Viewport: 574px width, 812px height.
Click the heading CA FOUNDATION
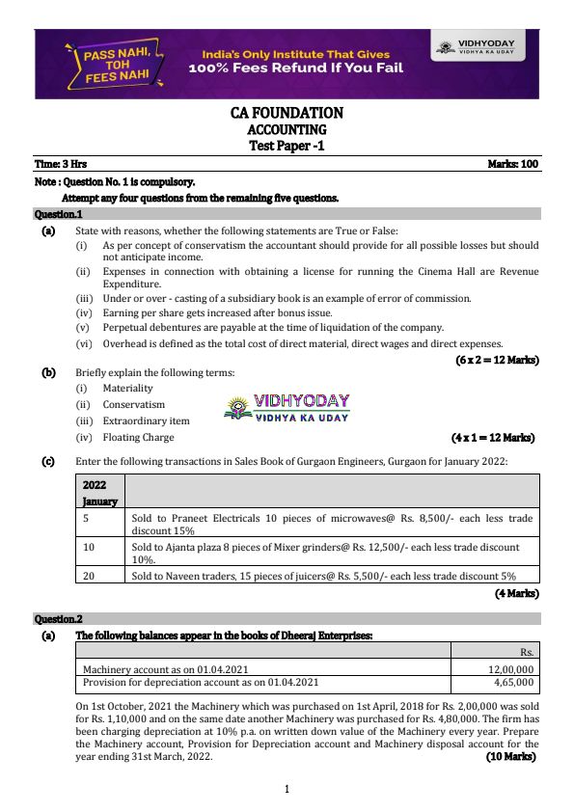click(x=287, y=113)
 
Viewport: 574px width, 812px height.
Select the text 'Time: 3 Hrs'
click(x=61, y=164)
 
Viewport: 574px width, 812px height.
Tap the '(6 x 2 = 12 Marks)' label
click(x=497, y=360)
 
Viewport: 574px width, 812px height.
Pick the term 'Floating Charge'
click(x=139, y=437)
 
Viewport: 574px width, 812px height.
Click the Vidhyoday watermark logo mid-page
click(x=287, y=409)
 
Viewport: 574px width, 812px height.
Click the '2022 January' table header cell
click(x=99, y=492)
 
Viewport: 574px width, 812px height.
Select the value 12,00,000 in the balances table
click(x=512, y=668)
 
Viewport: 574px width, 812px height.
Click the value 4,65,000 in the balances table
click(x=515, y=682)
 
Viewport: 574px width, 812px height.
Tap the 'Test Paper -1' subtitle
click(x=287, y=146)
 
